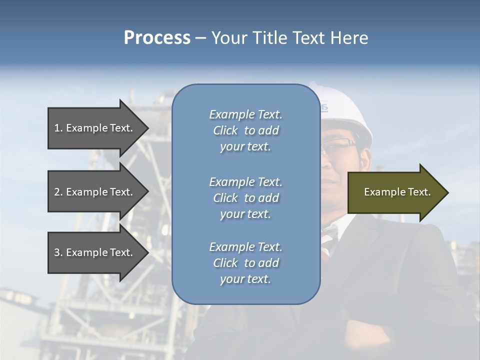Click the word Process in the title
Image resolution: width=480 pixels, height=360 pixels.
pos(157,38)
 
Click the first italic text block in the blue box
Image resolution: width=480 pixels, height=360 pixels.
pos(245,130)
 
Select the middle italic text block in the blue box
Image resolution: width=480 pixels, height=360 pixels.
pos(245,198)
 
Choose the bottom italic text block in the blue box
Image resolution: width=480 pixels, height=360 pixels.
pos(245,263)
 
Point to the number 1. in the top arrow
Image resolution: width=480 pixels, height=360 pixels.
pos(58,128)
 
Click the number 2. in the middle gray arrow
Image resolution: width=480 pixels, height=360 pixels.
pos(58,192)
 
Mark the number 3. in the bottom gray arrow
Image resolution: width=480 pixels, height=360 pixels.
pos(58,252)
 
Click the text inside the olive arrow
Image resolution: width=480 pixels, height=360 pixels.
pos(397,192)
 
